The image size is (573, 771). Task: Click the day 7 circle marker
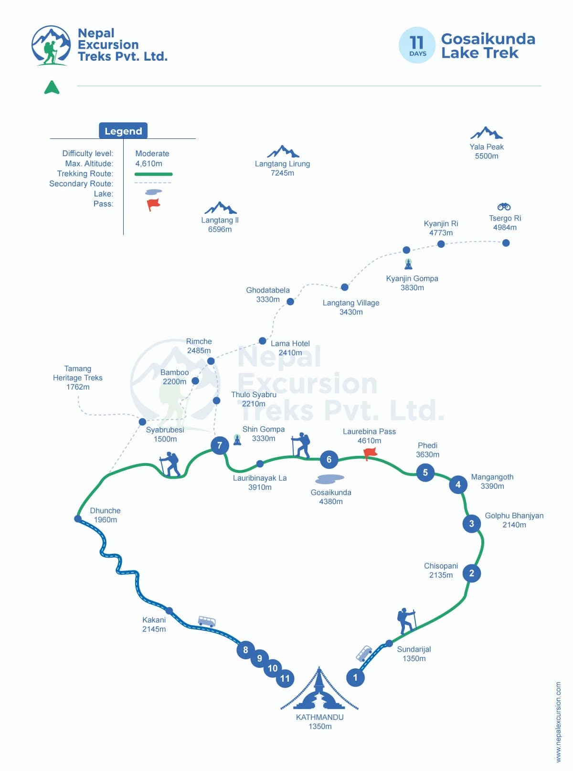click(220, 446)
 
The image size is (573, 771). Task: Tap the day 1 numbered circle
click(355, 677)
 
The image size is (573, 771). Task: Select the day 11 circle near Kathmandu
click(285, 678)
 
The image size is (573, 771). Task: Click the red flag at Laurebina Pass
click(370, 453)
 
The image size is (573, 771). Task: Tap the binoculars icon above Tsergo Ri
click(504, 207)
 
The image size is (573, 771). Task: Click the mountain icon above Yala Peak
click(486, 133)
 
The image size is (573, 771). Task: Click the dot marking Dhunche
click(78, 518)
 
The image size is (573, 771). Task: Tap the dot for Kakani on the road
click(169, 611)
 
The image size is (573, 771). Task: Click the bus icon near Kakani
click(207, 621)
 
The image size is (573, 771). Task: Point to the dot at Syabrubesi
click(142, 422)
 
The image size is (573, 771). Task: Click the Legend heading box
click(123, 131)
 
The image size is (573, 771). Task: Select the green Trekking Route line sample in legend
click(153, 174)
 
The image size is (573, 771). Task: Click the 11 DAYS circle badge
click(417, 45)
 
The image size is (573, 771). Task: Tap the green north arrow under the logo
click(52, 87)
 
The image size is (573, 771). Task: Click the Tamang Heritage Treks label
click(78, 378)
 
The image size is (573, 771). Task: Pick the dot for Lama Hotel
click(262, 341)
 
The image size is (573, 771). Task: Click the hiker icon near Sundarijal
click(406, 621)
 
